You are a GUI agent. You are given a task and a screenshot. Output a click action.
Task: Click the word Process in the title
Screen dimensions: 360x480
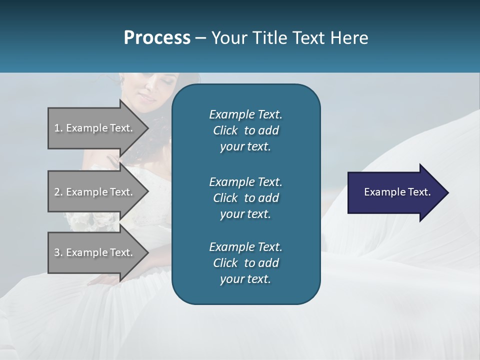157,38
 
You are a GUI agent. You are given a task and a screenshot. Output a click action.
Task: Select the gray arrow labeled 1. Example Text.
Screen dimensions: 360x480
95,128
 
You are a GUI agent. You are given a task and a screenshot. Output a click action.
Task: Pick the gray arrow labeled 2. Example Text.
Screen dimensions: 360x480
95,192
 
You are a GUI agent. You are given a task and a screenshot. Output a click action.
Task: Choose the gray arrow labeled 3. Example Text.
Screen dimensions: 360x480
95,252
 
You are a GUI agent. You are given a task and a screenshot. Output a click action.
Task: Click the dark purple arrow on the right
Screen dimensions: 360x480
395,192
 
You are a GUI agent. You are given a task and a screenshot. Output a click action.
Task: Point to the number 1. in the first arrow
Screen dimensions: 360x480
58,128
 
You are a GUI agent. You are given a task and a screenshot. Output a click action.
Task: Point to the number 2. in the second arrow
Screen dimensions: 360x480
58,192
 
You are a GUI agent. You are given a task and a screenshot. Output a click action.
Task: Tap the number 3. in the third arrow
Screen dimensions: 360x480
58,252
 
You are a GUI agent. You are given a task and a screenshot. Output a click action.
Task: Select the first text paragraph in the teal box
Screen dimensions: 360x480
245,130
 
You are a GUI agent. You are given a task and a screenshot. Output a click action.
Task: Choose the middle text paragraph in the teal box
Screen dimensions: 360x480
245,197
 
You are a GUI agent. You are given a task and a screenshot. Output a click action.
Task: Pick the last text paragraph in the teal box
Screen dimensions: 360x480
245,263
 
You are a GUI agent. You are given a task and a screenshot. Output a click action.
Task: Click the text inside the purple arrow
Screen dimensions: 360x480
397,192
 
